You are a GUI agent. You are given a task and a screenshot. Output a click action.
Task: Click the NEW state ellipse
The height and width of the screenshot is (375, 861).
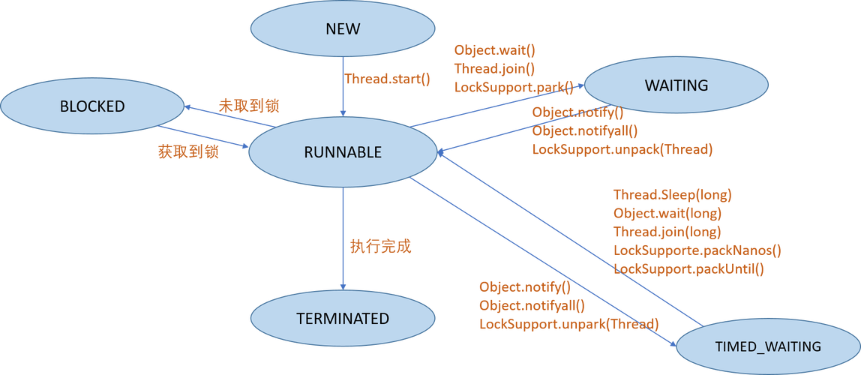(x=343, y=29)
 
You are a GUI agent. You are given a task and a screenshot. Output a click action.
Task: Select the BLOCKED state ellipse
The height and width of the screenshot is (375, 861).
(x=92, y=106)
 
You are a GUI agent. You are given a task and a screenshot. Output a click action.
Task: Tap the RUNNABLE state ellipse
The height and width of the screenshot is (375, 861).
(x=343, y=152)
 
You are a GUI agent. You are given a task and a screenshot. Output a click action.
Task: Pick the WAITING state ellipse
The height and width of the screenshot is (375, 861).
(x=676, y=85)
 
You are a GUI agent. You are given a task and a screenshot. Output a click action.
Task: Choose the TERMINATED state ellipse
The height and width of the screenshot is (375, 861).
(x=343, y=318)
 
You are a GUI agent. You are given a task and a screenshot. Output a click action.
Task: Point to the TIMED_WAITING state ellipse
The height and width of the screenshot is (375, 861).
(x=767, y=346)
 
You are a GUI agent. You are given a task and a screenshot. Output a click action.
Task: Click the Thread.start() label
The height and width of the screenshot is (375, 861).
(x=388, y=79)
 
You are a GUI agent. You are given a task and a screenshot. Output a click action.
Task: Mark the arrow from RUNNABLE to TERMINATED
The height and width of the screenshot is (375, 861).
(x=343, y=240)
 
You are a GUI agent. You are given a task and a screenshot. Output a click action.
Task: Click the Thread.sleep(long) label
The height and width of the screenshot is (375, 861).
(x=672, y=195)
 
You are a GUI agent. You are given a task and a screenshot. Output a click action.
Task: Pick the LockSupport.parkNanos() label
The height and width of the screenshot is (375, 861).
(x=697, y=250)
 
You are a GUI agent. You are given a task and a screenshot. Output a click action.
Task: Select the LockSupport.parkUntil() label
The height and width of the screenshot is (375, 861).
(x=688, y=268)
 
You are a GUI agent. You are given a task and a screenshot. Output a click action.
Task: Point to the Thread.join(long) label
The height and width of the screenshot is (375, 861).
(x=667, y=231)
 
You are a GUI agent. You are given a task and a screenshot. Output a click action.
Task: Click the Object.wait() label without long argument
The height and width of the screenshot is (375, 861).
(x=495, y=50)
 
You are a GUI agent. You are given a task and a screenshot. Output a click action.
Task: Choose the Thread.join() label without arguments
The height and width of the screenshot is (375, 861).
(x=494, y=68)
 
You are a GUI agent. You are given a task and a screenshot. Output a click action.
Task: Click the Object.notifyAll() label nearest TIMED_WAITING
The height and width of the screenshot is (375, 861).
(x=531, y=305)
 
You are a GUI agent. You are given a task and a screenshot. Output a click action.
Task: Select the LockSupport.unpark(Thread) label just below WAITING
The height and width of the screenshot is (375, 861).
(x=622, y=149)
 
